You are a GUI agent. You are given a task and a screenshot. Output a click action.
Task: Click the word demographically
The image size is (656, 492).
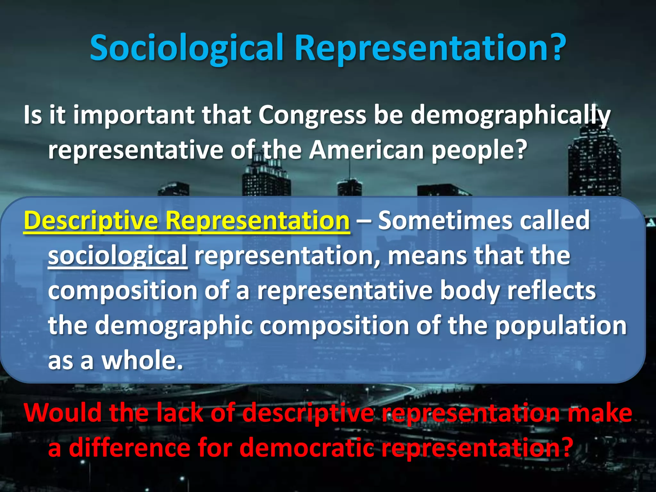point(511,115)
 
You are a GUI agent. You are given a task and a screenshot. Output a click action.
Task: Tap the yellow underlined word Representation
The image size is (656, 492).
point(258,221)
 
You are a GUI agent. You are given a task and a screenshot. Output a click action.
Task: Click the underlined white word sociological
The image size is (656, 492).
point(118,256)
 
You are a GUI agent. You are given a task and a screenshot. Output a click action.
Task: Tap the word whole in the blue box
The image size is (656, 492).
point(142,360)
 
